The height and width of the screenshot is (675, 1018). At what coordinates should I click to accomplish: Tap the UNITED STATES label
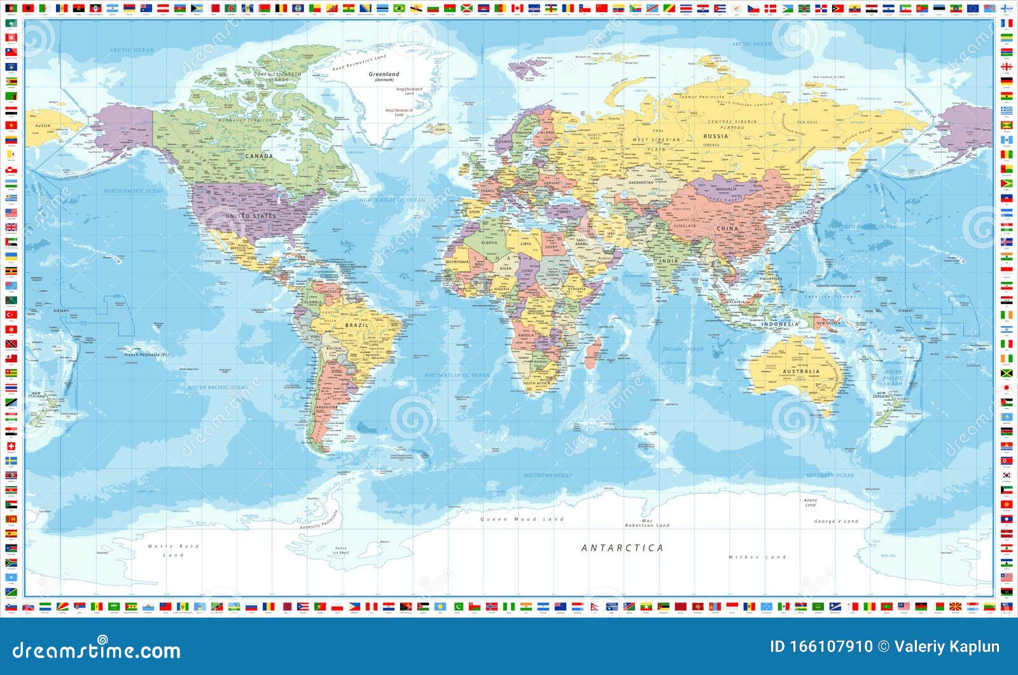(x=251, y=216)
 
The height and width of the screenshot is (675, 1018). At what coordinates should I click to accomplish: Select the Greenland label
(x=384, y=74)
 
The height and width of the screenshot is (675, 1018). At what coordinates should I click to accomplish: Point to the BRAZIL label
(x=356, y=325)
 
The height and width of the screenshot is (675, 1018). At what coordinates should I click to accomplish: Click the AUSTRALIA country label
(x=801, y=372)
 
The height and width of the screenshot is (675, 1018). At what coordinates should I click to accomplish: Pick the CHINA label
(x=727, y=228)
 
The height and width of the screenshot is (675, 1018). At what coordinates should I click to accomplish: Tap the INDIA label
(x=668, y=261)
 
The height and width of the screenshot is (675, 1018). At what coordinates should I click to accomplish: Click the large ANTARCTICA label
(x=622, y=548)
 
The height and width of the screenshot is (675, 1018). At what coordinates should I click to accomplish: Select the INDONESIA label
(x=779, y=324)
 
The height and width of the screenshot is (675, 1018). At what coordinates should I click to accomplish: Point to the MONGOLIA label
(x=726, y=189)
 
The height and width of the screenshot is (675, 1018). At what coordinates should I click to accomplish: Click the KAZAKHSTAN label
(x=641, y=183)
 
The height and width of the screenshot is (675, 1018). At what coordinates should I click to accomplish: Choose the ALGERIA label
(x=489, y=243)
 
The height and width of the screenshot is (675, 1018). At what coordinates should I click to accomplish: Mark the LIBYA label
(x=526, y=244)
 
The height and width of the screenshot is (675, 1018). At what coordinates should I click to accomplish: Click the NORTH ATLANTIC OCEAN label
(x=393, y=200)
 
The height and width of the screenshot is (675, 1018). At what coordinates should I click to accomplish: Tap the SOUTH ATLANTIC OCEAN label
(x=457, y=375)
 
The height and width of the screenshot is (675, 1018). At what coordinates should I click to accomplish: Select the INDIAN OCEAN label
(x=683, y=349)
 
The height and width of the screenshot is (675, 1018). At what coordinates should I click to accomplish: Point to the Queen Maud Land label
(x=522, y=519)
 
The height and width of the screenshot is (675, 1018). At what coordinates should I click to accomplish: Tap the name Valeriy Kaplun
(x=946, y=647)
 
